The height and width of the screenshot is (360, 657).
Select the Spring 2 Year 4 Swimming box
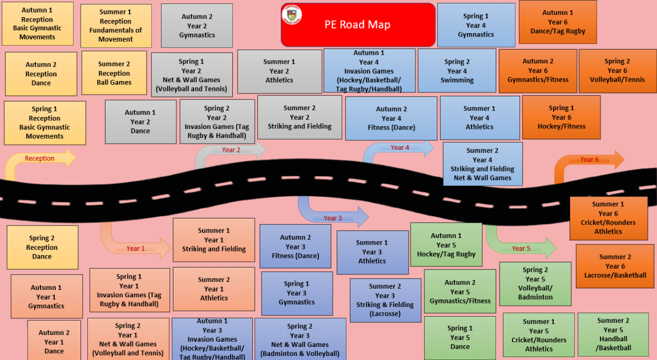[457, 71]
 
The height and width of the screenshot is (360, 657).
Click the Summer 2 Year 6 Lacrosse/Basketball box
[615, 266]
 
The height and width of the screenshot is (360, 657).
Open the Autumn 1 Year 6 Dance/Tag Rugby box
[558, 22]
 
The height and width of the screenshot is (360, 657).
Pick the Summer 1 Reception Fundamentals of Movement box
[115, 26]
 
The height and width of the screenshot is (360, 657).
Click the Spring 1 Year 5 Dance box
[460, 337]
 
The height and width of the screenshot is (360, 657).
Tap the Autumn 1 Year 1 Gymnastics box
[46, 297]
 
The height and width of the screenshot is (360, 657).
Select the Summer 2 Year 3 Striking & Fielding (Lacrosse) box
[385, 300]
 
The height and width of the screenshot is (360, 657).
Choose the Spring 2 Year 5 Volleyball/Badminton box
[535, 284]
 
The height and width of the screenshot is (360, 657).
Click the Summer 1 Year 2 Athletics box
[279, 71]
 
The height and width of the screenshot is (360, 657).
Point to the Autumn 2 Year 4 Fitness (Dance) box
[391, 118]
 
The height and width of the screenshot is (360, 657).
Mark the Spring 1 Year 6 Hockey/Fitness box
[561, 117]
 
